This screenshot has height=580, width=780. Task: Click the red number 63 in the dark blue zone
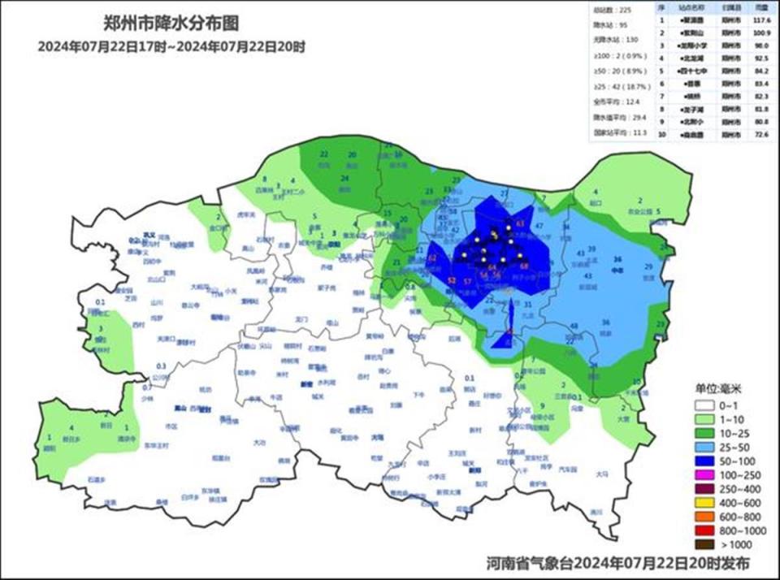pos(521,223)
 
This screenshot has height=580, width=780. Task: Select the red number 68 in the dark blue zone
pos(524,266)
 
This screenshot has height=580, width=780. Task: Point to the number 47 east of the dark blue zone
pos(539,225)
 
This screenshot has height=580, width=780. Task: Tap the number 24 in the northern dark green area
pos(344,179)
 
